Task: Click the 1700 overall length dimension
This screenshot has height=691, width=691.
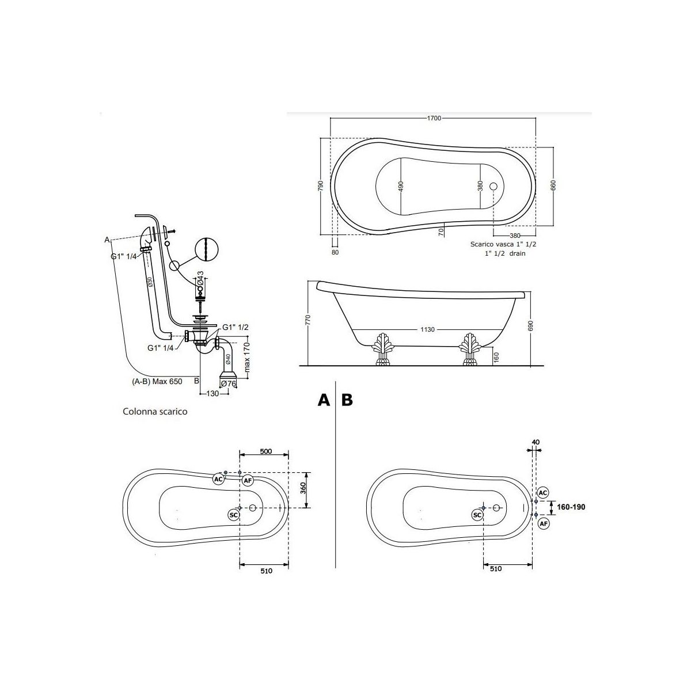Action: point(434,118)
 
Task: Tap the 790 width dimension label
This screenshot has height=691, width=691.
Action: point(321,185)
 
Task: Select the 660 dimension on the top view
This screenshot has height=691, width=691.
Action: point(553,185)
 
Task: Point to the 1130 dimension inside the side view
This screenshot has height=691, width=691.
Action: point(427,329)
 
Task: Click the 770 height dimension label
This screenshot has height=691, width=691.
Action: point(308,320)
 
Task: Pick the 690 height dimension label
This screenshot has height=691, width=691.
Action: point(531,325)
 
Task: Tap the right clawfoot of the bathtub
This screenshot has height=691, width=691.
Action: point(469,349)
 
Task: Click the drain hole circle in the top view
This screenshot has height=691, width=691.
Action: point(493,186)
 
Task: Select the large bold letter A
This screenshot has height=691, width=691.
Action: point(324,400)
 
